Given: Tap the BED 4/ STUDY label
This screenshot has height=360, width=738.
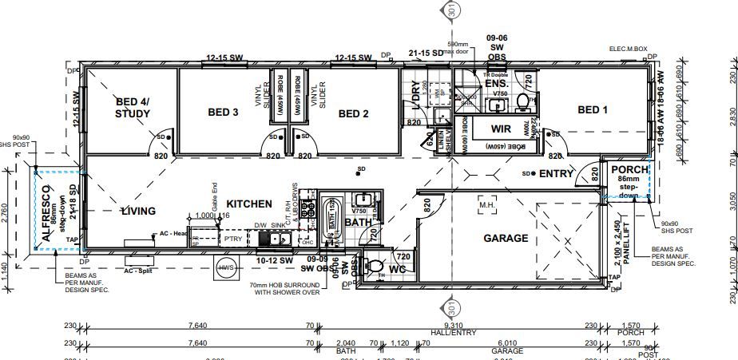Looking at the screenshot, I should (133, 108).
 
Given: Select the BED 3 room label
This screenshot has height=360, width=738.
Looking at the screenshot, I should (224, 113).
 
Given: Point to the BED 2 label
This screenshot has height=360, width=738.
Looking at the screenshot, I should (353, 113).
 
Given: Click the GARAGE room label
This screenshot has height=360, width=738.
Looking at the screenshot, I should (506, 238).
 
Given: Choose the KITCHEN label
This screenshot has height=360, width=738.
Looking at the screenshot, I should (249, 204).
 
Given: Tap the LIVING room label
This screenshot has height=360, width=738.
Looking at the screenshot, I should (138, 212).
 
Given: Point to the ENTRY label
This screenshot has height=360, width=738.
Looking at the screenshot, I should (557, 173).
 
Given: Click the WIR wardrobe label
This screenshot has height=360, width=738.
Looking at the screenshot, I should (502, 128).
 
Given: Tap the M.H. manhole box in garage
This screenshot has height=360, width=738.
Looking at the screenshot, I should (487, 205).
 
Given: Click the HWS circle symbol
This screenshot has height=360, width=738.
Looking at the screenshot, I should (226, 268).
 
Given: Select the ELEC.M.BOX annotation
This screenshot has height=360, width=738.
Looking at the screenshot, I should (628, 49).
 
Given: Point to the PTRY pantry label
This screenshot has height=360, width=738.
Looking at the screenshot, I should (232, 238).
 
